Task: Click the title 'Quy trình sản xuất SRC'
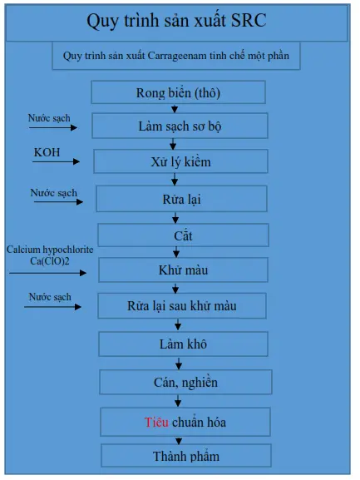(x=176, y=21)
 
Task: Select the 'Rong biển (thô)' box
(x=178, y=92)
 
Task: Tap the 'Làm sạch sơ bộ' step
(x=180, y=126)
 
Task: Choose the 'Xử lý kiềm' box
(x=180, y=161)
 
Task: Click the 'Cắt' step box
(x=183, y=235)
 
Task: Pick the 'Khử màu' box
(x=183, y=270)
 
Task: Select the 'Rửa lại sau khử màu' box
(x=182, y=305)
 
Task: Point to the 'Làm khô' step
(x=183, y=344)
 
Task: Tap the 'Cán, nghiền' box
(x=185, y=382)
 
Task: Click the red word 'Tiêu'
(x=156, y=422)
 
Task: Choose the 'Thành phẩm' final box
(x=186, y=456)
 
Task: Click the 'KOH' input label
(x=47, y=152)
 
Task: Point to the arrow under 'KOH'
(x=56, y=161)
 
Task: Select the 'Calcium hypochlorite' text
(x=50, y=250)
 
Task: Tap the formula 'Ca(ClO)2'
(x=50, y=261)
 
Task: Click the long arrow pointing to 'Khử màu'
(x=47, y=273)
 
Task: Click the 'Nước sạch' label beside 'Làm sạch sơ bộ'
(x=49, y=118)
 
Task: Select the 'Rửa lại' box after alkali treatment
(x=182, y=199)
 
